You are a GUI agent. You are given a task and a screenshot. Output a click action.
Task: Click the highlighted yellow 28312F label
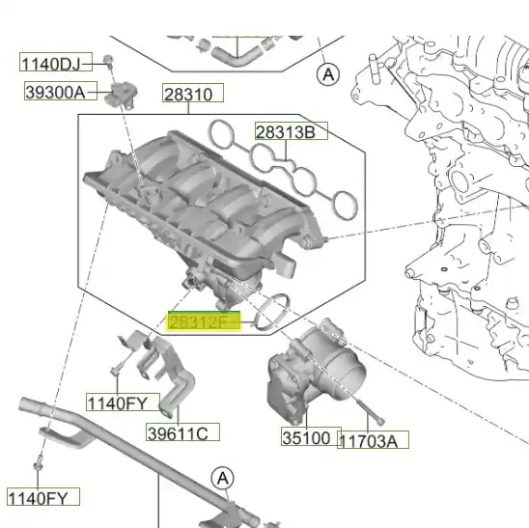click(201, 321)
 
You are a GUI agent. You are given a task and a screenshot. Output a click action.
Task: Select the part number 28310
click(192, 95)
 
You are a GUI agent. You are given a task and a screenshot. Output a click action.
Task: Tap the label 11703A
click(373, 440)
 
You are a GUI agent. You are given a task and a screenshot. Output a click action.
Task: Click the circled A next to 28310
click(328, 72)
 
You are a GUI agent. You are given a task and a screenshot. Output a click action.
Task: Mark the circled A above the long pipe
click(223, 477)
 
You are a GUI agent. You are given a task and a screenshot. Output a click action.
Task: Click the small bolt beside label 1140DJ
click(109, 63)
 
